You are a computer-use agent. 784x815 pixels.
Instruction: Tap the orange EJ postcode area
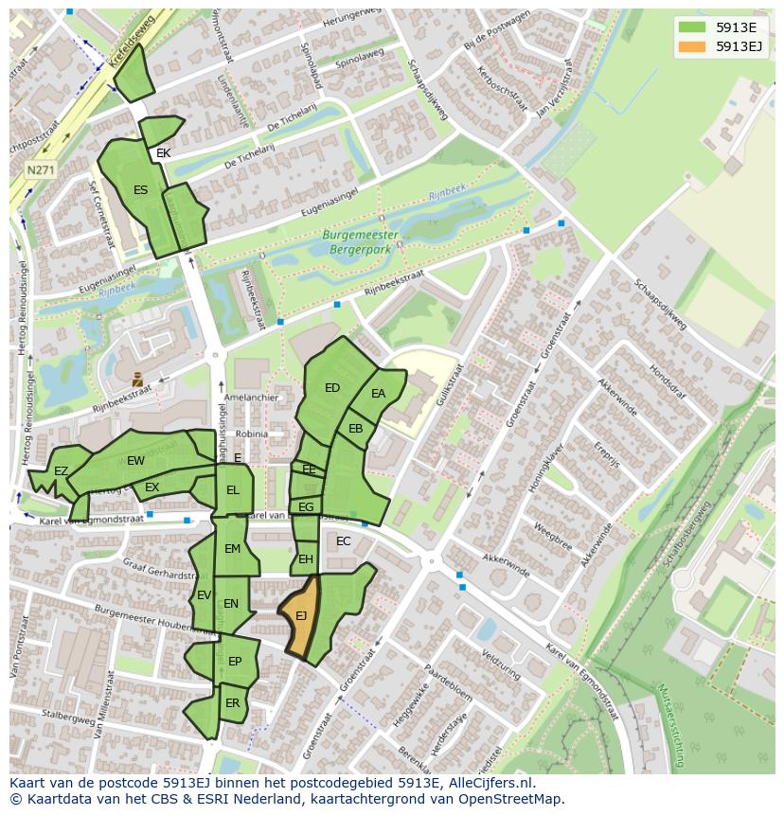pyautogui.click(x=301, y=617)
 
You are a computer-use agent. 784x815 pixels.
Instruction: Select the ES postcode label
pyautogui.click(x=140, y=190)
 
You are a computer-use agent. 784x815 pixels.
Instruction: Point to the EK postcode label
pyautogui.click(x=164, y=153)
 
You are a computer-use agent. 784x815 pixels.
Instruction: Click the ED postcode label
pyautogui.click(x=332, y=388)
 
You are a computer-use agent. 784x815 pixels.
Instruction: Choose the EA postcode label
pyautogui.click(x=379, y=394)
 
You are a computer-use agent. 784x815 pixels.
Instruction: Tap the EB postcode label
pyautogui.click(x=356, y=429)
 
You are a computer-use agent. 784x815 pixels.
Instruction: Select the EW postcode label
pyautogui.click(x=135, y=461)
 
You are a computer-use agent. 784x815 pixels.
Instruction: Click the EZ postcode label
pyautogui.click(x=61, y=471)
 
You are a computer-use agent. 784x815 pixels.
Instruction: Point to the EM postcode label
pyautogui.click(x=232, y=549)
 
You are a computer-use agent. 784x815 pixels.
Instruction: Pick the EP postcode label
pyautogui.click(x=235, y=662)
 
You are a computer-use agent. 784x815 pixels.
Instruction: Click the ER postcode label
pyautogui.click(x=233, y=703)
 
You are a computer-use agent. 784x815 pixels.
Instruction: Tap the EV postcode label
pyautogui.click(x=204, y=595)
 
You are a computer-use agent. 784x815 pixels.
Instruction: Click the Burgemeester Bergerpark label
pyautogui.click(x=360, y=241)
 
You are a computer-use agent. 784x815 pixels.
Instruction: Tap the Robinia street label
pyautogui.click(x=253, y=434)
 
